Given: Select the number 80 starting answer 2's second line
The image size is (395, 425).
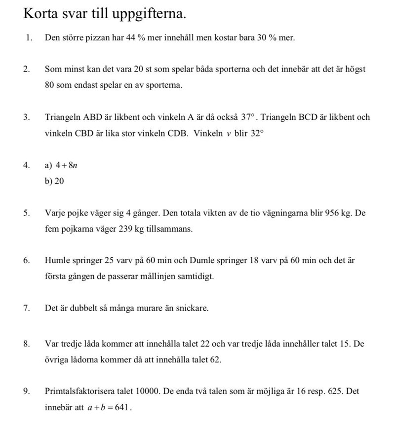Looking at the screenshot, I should (x=49, y=85).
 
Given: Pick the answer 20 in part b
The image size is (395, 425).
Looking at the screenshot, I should (x=59, y=181).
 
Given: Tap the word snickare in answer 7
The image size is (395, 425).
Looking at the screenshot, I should (x=192, y=308).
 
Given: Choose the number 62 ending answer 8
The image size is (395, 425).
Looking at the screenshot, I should (x=215, y=359).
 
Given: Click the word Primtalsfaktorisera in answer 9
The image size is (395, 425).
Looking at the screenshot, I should (x=78, y=391).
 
